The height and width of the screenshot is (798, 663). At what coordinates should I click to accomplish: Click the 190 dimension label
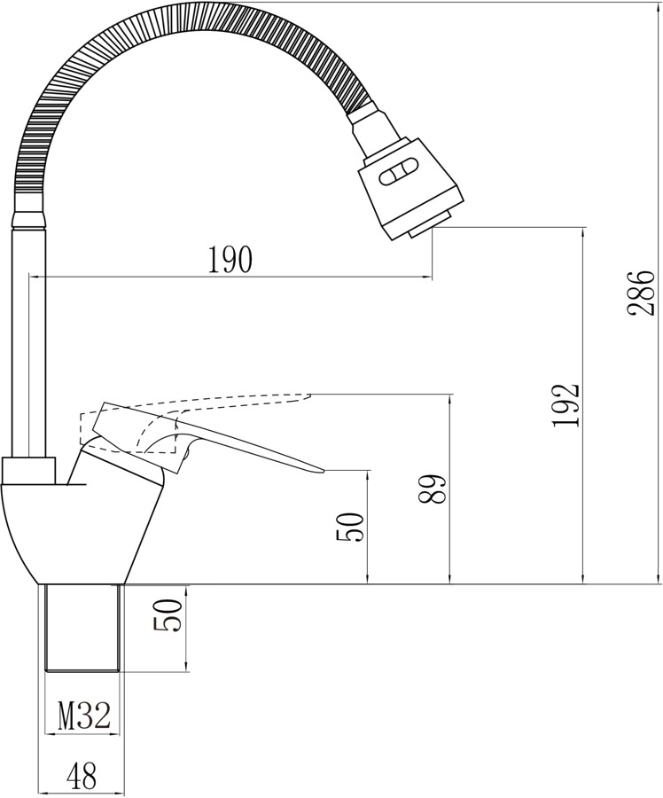tap(230, 259)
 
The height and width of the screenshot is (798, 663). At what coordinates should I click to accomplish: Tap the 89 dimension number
tap(433, 489)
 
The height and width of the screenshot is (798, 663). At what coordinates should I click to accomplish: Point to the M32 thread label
tap(84, 716)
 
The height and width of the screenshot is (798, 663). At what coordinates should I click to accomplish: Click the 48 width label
tap(82, 777)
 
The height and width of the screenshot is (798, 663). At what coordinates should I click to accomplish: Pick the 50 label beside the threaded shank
tap(168, 614)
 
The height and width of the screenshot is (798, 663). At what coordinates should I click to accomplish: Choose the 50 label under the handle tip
tap(351, 527)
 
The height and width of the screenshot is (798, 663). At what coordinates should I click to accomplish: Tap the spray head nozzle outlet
tap(431, 224)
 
